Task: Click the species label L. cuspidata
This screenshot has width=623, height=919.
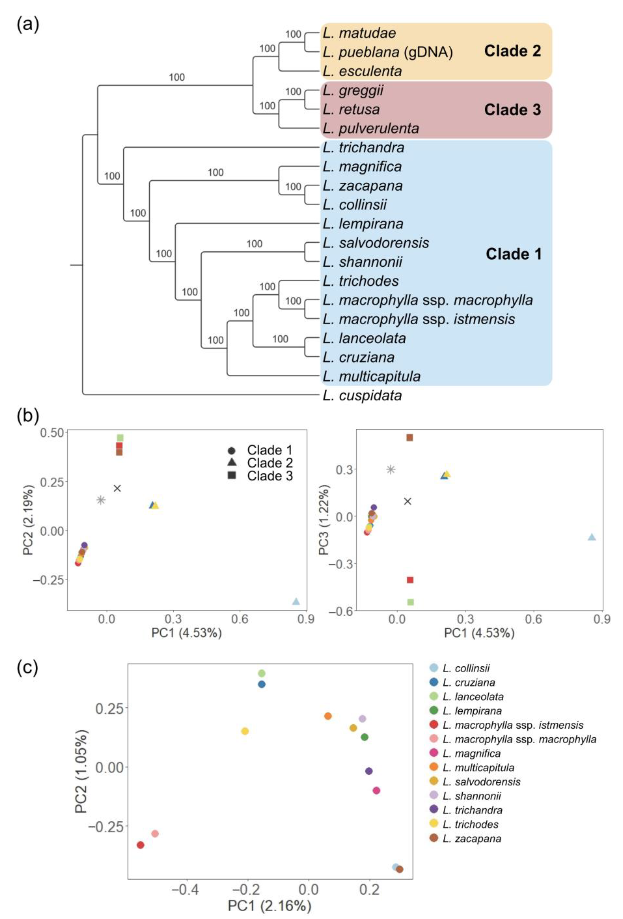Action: [362, 395]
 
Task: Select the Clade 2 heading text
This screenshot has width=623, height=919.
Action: [512, 51]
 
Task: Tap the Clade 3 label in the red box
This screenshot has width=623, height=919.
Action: [512, 110]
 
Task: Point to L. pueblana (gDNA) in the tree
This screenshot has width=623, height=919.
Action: [387, 52]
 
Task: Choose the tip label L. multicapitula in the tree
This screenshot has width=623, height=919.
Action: [371, 376]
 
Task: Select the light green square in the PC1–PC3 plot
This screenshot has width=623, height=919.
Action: [411, 602]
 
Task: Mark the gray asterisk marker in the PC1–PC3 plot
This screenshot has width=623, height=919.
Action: [391, 469]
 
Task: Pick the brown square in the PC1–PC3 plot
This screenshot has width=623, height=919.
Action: [410, 438]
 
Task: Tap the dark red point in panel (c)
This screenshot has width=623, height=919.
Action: [140, 845]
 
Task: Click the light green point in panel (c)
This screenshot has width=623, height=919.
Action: [261, 673]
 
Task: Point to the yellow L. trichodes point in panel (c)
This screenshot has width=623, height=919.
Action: [245, 731]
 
